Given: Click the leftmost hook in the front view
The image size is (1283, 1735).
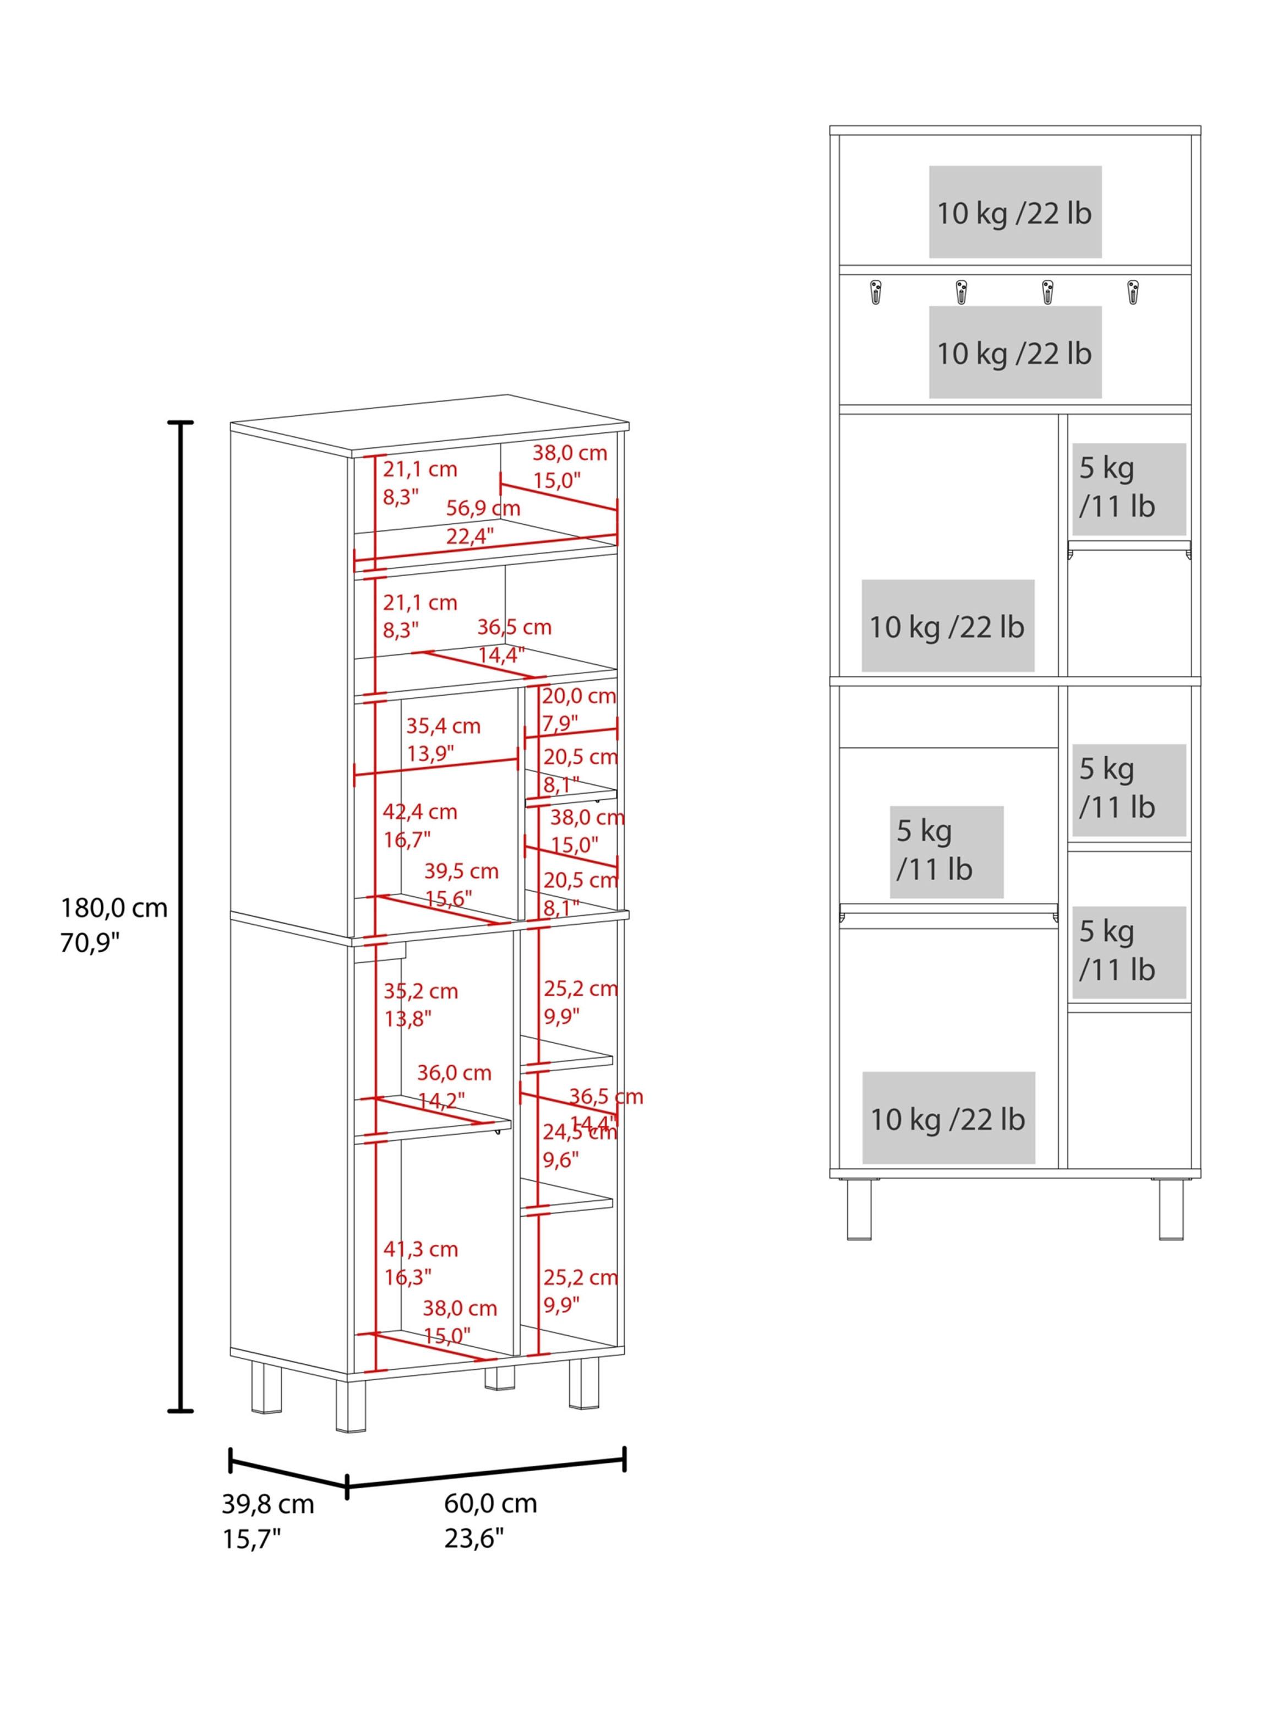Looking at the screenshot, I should coord(876,292).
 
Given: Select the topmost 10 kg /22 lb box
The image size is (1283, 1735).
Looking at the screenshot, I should coord(1014,212).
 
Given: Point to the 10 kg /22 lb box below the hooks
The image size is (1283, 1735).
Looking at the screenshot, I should coord(1014,352).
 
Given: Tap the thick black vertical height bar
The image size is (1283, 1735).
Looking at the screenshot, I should coord(181,917).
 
